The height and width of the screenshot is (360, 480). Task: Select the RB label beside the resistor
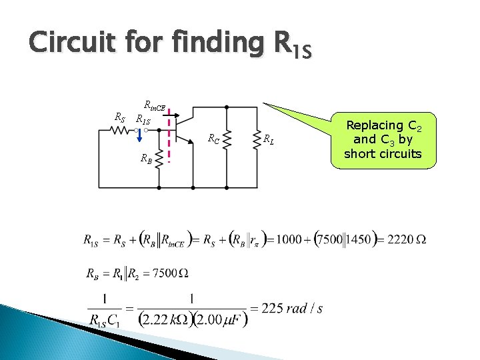[x=145, y=158]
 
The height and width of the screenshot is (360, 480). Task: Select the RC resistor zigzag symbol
[x=227, y=140]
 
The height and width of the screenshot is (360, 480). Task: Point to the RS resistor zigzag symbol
[x=120, y=131]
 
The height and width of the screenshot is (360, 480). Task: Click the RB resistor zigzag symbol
[x=159, y=158]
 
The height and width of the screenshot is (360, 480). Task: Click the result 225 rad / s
[x=293, y=309]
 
